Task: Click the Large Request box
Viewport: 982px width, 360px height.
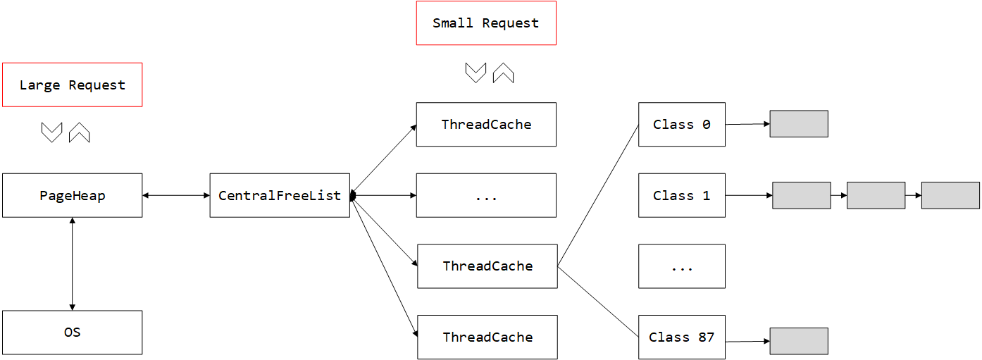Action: pos(72,85)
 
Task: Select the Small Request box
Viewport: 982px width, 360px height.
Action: pos(486,23)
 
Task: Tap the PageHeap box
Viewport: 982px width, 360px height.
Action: pos(72,195)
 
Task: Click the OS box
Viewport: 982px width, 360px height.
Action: pos(72,332)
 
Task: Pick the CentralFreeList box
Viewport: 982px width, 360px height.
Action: pos(280,195)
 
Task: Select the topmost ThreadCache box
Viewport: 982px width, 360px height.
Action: pos(486,125)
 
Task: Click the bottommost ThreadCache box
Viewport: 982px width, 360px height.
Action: pos(487,337)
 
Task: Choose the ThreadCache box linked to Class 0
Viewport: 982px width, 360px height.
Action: pos(487,266)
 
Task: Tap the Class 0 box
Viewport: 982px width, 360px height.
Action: pos(681,125)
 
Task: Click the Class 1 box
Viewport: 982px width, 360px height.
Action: pos(681,195)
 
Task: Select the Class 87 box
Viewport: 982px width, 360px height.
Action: pos(681,337)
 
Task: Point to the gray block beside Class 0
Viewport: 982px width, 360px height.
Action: pos(798,124)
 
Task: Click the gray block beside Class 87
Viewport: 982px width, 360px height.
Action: pos(798,341)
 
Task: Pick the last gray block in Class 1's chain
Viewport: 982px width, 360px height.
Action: pos(950,195)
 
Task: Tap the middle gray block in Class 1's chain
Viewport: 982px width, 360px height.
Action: pos(876,195)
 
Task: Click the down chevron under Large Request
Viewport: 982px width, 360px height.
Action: pos(52,132)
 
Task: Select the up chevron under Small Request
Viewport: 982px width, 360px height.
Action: pos(503,73)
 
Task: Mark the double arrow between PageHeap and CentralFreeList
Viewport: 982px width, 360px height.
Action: pos(176,195)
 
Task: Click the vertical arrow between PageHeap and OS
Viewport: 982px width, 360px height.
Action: pos(72,263)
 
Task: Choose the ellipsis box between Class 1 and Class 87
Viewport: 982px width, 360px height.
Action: pos(681,266)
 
